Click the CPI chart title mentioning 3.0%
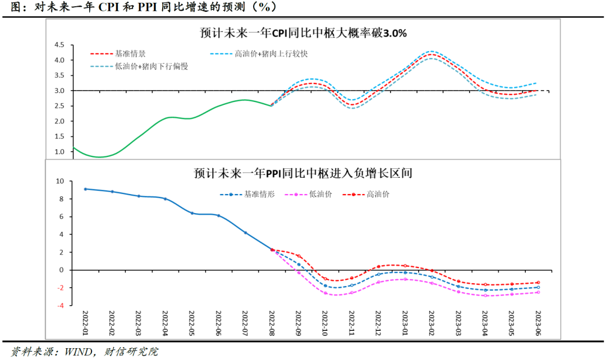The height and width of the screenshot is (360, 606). point(303,33)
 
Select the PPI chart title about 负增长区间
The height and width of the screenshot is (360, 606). point(303,173)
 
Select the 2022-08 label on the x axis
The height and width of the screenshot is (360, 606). point(272,324)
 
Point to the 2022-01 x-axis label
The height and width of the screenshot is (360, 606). point(85,324)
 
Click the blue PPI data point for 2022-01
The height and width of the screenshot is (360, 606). point(85,189)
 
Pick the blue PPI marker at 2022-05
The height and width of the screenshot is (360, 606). point(192,213)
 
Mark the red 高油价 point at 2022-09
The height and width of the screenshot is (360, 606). point(299,256)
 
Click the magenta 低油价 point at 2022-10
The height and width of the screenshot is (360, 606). point(325,293)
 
